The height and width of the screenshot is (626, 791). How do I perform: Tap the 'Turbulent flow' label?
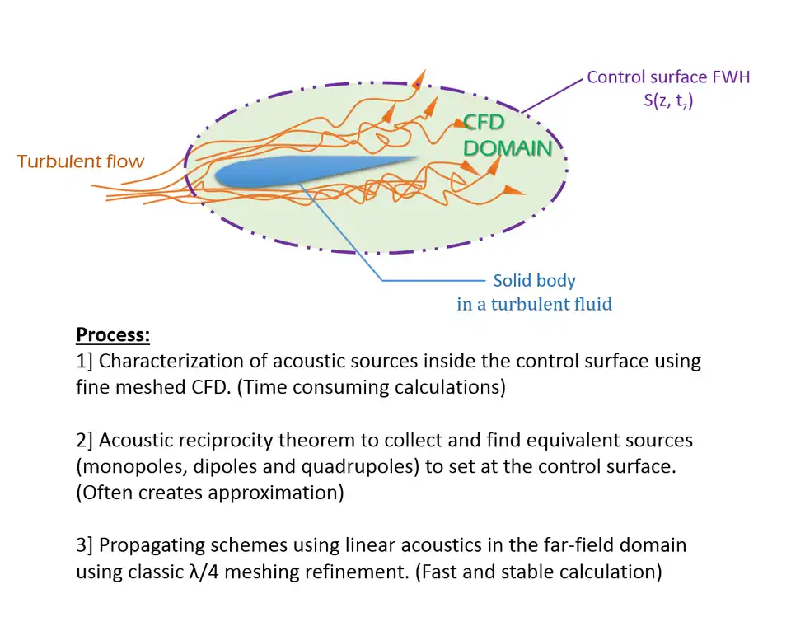click(x=81, y=161)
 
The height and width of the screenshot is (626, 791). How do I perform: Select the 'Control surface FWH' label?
click(x=668, y=78)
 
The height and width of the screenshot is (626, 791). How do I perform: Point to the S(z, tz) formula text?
click(x=668, y=103)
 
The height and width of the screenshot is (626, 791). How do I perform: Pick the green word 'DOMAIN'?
click(x=507, y=148)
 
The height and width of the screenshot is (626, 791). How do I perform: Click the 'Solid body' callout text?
click(x=534, y=281)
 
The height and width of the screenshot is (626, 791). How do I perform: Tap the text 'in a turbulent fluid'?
click(x=534, y=305)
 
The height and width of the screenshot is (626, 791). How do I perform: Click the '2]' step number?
click(x=86, y=440)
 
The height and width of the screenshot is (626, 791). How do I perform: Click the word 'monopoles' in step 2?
click(x=130, y=465)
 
